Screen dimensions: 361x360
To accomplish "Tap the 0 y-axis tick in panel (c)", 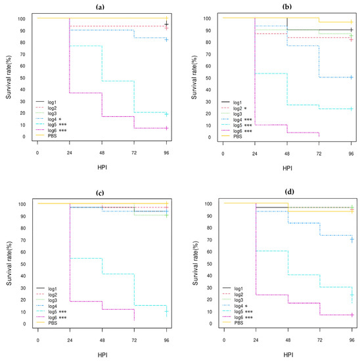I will click(24, 324).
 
